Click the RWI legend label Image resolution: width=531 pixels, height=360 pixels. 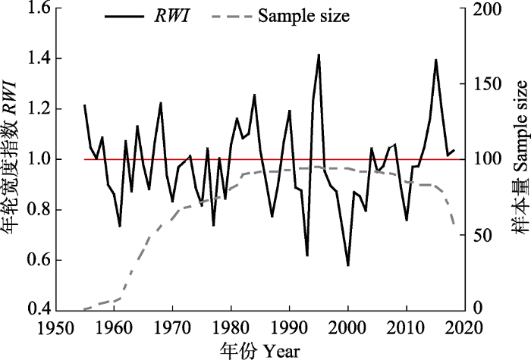171,16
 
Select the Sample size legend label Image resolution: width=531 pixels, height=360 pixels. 303,16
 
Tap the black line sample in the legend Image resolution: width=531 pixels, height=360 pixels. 124,16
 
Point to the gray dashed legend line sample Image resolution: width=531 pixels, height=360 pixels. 231,16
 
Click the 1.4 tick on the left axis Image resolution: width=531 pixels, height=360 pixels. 39,58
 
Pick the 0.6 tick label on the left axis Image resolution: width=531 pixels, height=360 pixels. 39,260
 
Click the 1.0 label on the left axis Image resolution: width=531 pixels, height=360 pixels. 39,159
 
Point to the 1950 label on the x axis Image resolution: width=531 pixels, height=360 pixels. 56,328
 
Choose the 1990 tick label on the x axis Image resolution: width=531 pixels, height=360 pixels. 290,328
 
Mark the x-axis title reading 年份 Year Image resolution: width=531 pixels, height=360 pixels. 260,350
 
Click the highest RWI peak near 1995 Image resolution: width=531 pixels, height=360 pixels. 319,55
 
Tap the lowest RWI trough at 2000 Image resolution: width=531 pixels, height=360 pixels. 347,265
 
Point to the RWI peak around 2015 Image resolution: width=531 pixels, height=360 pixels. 436,60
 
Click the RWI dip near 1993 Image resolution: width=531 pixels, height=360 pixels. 307,255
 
